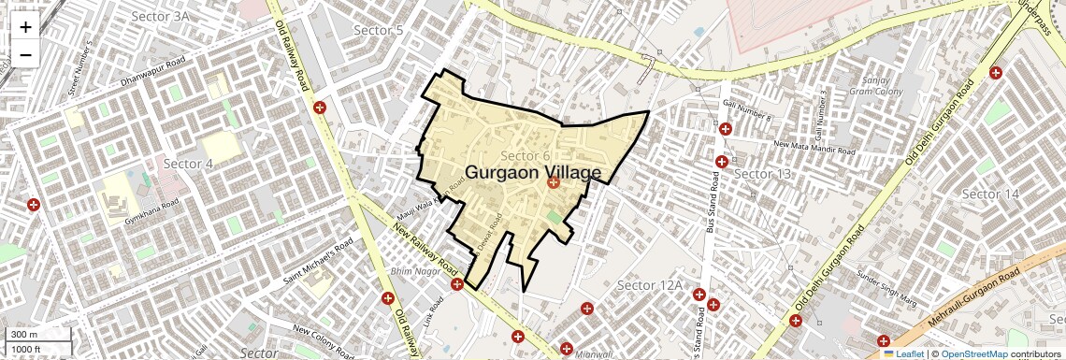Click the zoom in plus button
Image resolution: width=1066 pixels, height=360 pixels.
(25, 26)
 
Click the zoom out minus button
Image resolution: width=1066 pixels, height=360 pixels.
(25, 54)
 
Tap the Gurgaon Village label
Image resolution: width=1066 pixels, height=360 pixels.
(533, 173)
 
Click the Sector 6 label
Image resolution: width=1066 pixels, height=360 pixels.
(526, 155)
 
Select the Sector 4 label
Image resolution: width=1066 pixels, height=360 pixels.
(188, 164)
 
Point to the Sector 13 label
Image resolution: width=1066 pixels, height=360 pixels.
(762, 174)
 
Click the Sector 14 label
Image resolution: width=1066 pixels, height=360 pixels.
(990, 194)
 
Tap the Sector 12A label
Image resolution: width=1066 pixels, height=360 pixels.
(650, 284)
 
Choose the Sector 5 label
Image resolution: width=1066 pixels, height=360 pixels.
(378, 31)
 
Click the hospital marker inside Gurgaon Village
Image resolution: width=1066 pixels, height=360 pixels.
(553, 183)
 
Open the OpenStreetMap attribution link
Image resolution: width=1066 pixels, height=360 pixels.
(973, 354)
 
